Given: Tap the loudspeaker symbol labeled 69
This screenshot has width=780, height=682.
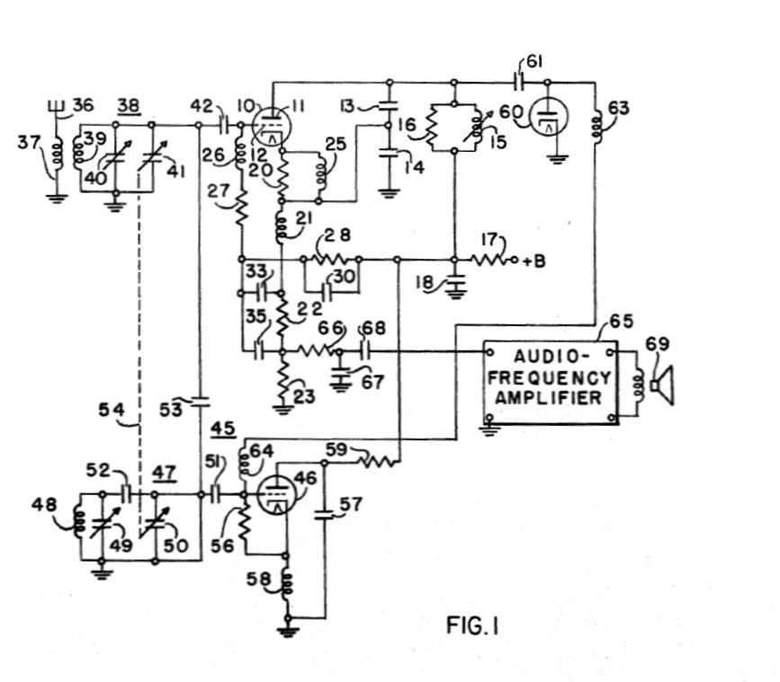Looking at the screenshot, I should point(664,384).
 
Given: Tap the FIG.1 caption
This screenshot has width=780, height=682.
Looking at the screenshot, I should point(472,626).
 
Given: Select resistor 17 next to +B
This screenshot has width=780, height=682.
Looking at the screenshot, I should point(490,261).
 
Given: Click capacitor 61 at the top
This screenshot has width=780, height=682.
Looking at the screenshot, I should point(522,83).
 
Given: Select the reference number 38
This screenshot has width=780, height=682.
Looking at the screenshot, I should point(129,103).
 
